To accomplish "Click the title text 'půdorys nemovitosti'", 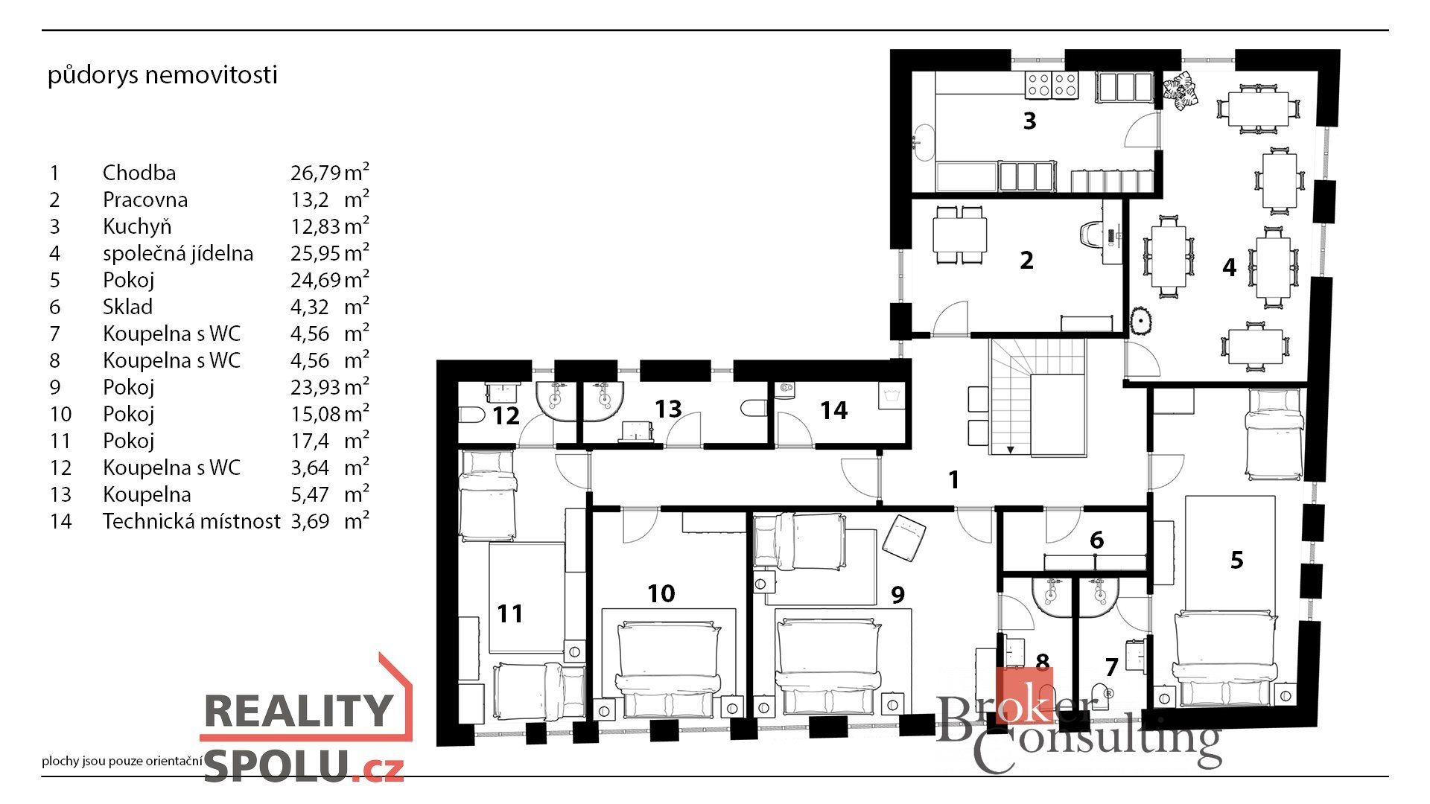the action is tap(162, 75).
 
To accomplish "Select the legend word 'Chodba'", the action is tap(139, 173).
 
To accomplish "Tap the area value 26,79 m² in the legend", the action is tap(329, 172).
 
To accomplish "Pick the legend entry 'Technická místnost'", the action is tap(191, 521).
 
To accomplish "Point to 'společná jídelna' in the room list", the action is tap(178, 254).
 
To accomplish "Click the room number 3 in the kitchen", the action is tap(1029, 121).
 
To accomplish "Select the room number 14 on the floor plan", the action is tap(833, 410).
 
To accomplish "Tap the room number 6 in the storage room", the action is tap(1096, 540).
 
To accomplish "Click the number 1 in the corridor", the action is tap(954, 479).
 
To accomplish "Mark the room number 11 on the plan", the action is tap(509, 613).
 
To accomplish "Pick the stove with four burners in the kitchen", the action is tap(1052, 85).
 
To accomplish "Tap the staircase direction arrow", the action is tap(1011, 449).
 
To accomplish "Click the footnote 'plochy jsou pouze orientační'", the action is tap(122, 761).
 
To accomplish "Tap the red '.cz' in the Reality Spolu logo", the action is tap(380, 769).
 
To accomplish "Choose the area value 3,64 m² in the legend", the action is tap(329, 468).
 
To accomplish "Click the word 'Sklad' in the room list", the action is tap(127, 307).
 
